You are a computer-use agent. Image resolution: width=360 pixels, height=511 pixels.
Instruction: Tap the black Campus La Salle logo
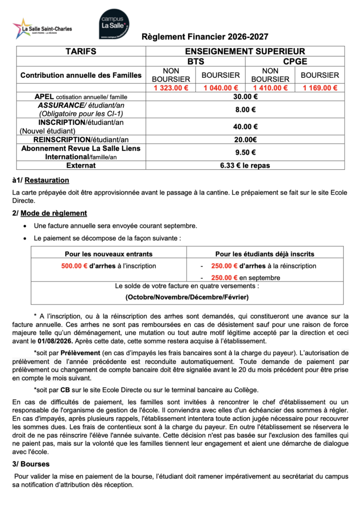click(115, 24)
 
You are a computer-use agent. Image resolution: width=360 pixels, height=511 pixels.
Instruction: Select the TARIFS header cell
click(80, 51)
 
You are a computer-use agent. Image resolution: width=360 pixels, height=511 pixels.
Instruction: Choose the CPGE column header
click(295, 61)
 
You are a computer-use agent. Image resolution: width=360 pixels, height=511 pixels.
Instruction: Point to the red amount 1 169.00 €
click(320, 88)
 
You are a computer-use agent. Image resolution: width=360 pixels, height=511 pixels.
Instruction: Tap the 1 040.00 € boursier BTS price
click(220, 88)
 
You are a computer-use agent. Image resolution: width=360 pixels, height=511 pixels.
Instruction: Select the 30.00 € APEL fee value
click(245, 97)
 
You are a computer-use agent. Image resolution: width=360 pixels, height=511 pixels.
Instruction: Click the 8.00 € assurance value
click(245, 110)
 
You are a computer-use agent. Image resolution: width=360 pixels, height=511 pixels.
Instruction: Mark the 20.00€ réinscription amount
click(245, 140)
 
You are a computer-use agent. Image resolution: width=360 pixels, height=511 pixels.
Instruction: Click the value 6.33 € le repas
click(245, 165)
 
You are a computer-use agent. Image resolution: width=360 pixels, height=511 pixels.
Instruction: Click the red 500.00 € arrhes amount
click(74, 266)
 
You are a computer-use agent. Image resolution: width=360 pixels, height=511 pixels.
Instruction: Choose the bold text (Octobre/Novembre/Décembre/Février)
click(187, 297)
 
